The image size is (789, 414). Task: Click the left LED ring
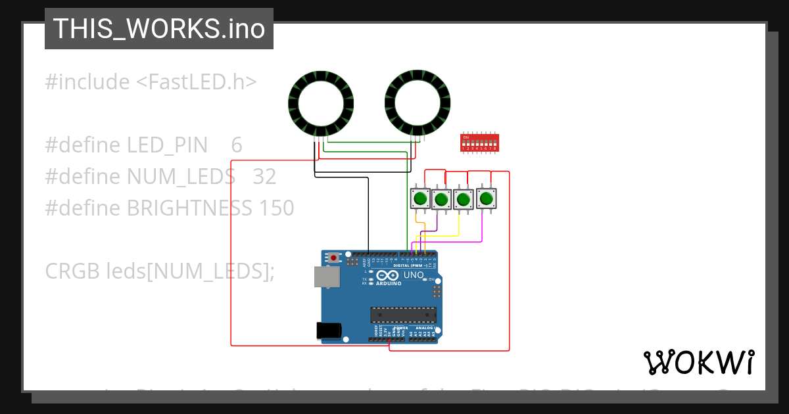coord(321,103)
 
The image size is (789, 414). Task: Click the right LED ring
coord(417,103)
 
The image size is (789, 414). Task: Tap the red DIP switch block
coord(479,143)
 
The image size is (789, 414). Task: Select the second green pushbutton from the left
coord(442,198)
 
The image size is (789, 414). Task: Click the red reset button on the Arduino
coord(334,257)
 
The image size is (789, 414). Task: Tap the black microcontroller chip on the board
coord(403,315)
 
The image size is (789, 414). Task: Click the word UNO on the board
coord(413,275)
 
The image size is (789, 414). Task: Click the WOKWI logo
coord(699,362)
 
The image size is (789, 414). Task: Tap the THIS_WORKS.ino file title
coord(159,29)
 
